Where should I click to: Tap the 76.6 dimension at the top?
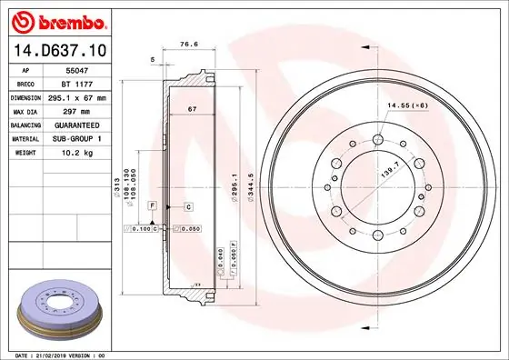click(189, 43)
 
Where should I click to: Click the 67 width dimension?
click(192, 109)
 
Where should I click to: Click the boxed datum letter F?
click(153, 207)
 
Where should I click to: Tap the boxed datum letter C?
click(188, 207)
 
